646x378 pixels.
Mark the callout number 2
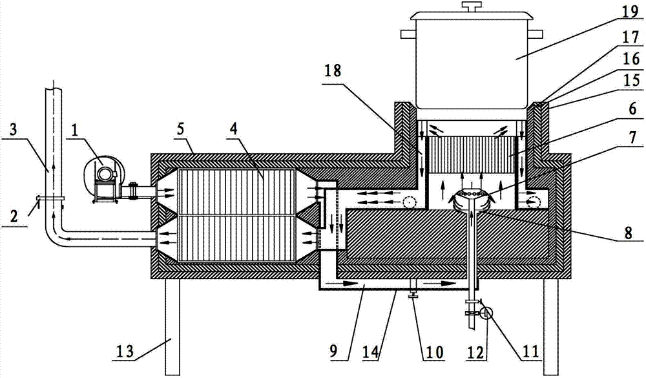(14, 216)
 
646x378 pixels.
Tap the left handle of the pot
(408, 34)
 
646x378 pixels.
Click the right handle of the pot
(536, 34)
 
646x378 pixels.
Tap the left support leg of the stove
(172, 327)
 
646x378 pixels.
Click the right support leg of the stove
(552, 327)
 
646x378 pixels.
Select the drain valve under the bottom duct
(412, 289)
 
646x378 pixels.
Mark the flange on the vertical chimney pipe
(50, 198)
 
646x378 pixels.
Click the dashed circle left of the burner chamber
(409, 201)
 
